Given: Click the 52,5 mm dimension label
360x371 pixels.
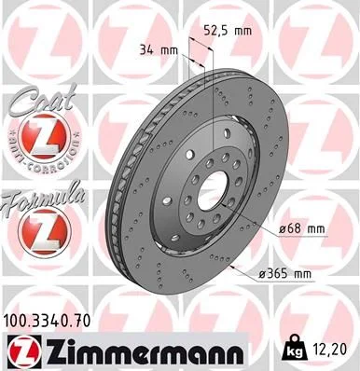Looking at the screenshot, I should (228, 30).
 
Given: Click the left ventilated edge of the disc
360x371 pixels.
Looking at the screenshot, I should (118, 186).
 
